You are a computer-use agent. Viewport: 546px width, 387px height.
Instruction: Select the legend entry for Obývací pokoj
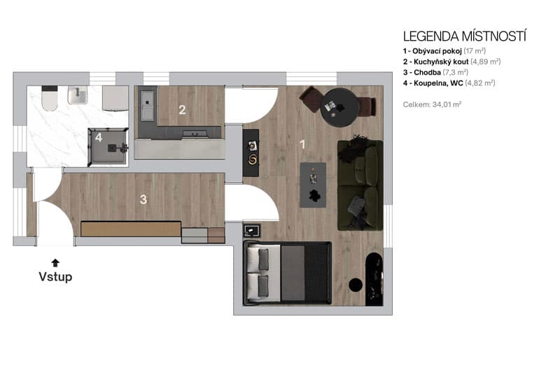(442, 51)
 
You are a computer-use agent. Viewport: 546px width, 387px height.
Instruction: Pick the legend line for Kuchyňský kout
(451, 62)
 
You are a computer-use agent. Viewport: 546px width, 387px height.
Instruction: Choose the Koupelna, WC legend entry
(449, 83)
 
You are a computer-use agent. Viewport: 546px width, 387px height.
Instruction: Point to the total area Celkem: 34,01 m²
(432, 104)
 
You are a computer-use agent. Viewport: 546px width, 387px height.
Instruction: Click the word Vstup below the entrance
(55, 276)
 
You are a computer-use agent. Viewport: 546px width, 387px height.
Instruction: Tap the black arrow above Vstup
(55, 262)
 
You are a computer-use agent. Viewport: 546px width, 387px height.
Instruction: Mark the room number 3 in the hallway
(143, 200)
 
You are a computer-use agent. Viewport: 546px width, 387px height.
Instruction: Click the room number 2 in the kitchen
(182, 109)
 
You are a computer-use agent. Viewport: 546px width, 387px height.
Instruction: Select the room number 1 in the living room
(303, 144)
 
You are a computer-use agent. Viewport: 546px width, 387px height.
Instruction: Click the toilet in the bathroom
(49, 99)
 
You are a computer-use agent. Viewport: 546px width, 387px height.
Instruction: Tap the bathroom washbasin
(77, 97)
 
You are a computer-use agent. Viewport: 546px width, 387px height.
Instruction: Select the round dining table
(339, 107)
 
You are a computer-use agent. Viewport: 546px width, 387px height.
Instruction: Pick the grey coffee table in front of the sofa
(313, 184)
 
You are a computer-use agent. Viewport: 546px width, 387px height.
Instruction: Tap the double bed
(288, 273)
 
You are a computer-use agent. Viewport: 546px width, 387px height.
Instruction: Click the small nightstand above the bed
(251, 231)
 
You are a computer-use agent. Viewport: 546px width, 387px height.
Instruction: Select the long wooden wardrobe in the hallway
(131, 229)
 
